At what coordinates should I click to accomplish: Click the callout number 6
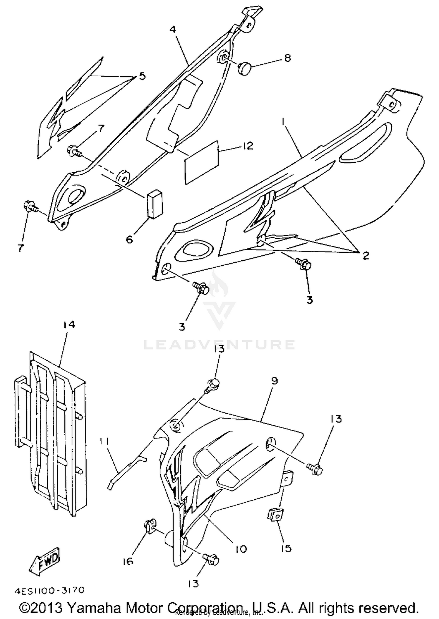pyautogui.click(x=129, y=239)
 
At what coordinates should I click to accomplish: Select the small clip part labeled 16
pyautogui.click(x=150, y=526)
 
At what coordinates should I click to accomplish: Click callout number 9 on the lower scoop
pyautogui.click(x=274, y=381)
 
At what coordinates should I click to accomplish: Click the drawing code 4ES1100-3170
pyautogui.click(x=49, y=590)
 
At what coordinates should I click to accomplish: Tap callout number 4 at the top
pyautogui.click(x=173, y=30)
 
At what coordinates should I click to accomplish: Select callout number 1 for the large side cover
pyautogui.click(x=283, y=121)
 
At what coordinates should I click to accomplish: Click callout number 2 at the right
pyautogui.click(x=365, y=255)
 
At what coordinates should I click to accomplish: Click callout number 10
pyautogui.click(x=241, y=549)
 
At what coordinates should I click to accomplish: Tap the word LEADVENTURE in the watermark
pyautogui.click(x=219, y=345)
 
